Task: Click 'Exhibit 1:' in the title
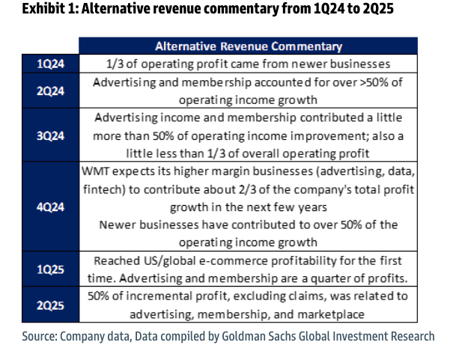29,10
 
